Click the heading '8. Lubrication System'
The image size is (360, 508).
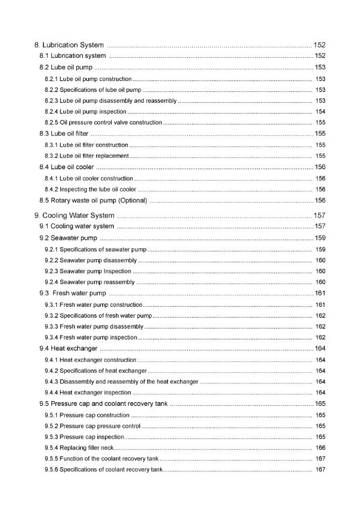coord(69,45)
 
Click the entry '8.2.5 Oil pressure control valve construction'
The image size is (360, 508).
coord(103,123)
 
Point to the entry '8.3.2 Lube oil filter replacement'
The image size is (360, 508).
coord(86,156)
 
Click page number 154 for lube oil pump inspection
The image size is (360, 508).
coord(320,112)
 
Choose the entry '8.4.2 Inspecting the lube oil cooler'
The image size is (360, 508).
coord(90,190)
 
